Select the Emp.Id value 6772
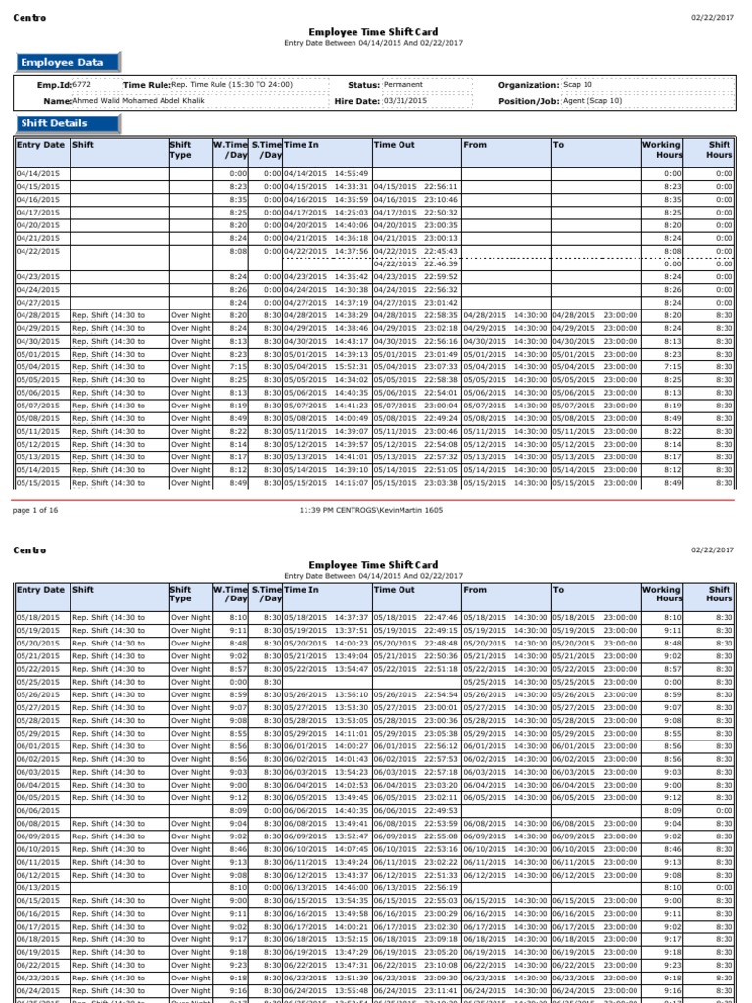(82, 85)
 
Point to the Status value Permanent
(403, 85)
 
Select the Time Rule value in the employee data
(231, 85)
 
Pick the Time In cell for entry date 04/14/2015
(326, 173)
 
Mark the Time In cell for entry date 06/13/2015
(326, 887)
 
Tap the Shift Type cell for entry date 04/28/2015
(190, 315)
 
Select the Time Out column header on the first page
(395, 145)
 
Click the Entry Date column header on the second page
(41, 590)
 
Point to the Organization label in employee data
(529, 85)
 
